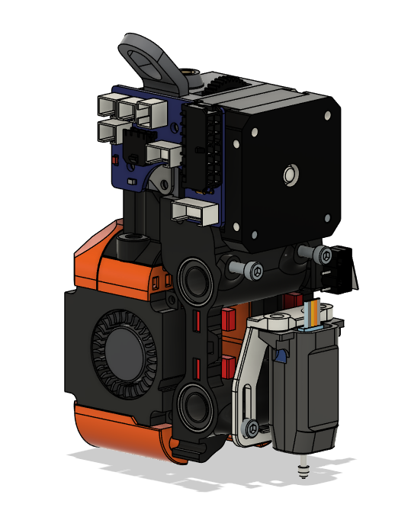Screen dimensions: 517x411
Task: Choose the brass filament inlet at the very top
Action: pyautogui.click(x=189, y=76)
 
